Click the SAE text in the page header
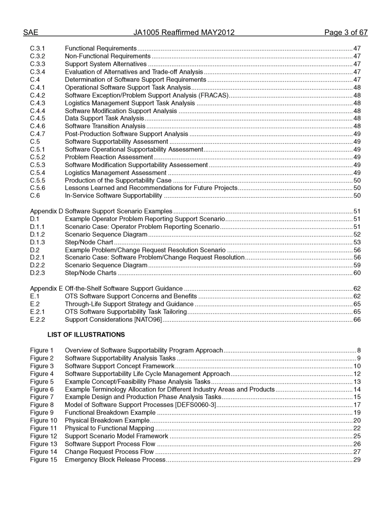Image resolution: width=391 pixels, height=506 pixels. pyautogui.click(x=30, y=32)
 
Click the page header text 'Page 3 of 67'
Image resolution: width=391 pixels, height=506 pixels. pyautogui.click(x=346, y=32)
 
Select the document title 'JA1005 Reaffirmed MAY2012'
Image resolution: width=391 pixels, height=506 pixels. pyautogui.click(x=184, y=32)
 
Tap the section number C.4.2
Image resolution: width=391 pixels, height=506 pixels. pyautogui.click(x=37, y=95)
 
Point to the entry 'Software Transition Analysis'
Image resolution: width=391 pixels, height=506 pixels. pyautogui.click(x=105, y=126)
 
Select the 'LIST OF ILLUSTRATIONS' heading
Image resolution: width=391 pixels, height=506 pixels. pyautogui.click(x=86, y=335)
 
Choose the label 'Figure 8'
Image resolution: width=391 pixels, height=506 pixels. pyautogui.click(x=42, y=405)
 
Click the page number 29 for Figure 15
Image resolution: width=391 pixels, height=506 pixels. pyautogui.click(x=357, y=460)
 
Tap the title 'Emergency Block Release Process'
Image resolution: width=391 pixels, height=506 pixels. pyautogui.click(x=115, y=460)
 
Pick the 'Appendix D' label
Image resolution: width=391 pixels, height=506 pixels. pyautogui.click(x=47, y=211)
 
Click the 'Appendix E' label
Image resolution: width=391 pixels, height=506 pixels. pyautogui.click(x=47, y=289)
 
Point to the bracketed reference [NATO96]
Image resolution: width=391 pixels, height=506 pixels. pyautogui.click(x=148, y=320)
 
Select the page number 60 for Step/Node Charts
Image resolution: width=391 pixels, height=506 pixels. pyautogui.click(x=357, y=273)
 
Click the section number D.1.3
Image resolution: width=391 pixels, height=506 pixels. pyautogui.click(x=37, y=242)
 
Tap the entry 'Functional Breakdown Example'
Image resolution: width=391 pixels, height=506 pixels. pyautogui.click(x=110, y=413)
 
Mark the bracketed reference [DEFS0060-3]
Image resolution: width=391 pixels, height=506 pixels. pyautogui.click(x=195, y=405)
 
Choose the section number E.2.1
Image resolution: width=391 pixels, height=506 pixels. pyautogui.click(x=37, y=312)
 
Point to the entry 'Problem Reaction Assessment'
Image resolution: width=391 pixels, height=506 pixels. pyautogui.click(x=109, y=157)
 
